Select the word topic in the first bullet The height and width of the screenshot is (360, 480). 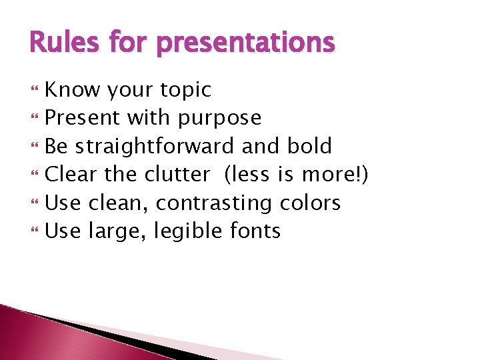pos(187,90)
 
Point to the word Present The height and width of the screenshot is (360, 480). pos(82,118)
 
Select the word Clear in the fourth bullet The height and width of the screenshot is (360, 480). pos(71,174)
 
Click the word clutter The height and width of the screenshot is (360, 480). pos(176,174)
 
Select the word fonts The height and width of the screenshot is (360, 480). pos(255,231)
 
